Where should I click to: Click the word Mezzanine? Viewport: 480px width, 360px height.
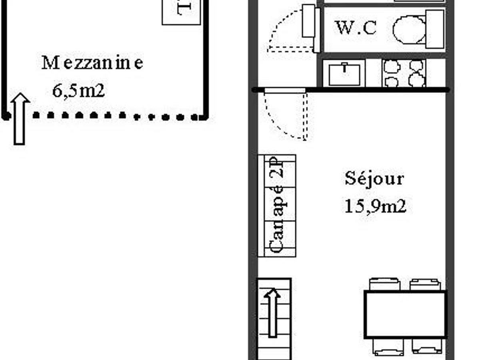pyautogui.click(x=92, y=63)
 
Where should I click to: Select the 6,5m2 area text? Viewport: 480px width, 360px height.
pyautogui.click(x=78, y=91)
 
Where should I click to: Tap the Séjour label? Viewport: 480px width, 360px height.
pyautogui.click(x=374, y=178)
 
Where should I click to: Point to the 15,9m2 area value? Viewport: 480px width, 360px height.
pyautogui.click(x=375, y=206)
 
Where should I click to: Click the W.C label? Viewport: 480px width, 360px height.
pyautogui.click(x=356, y=28)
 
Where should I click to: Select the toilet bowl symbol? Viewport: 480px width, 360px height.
pyautogui.click(x=409, y=30)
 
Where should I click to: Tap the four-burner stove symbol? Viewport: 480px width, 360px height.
pyautogui.click(x=404, y=74)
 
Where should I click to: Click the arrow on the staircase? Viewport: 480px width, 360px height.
pyautogui.click(x=273, y=312)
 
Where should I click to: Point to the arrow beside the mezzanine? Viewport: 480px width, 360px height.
pyautogui.click(x=20, y=118)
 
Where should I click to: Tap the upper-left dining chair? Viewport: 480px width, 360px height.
pyautogui.click(x=384, y=284)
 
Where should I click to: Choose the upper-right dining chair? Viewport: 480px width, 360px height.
pyautogui.click(x=425, y=284)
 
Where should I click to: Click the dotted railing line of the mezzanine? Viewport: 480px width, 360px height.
pyautogui.click(x=116, y=116)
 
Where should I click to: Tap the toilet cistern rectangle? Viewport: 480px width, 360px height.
pyautogui.click(x=435, y=29)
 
